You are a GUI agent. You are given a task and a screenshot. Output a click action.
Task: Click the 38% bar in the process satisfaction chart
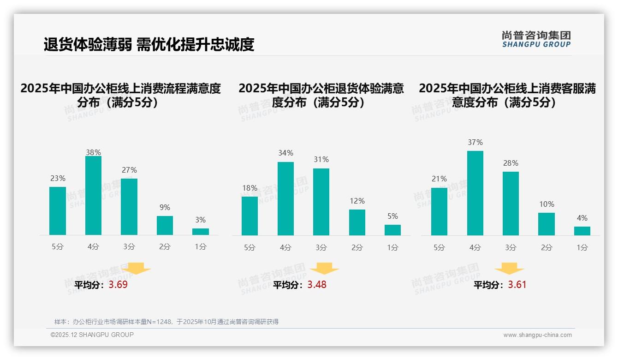pos(93,196)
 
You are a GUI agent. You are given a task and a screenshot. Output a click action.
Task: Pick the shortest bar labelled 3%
pos(201,232)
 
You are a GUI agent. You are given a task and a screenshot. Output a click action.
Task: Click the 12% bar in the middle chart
pos(357,222)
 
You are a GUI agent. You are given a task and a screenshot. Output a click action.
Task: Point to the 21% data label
pos(439,179)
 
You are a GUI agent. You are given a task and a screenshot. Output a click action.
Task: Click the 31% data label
pos(321,159)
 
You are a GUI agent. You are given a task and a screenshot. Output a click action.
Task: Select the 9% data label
pos(165,207)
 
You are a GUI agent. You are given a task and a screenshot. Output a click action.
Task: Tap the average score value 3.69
pos(118,285)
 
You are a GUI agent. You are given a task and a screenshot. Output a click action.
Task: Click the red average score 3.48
pos(317,285)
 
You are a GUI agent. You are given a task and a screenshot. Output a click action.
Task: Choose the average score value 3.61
pos(517,285)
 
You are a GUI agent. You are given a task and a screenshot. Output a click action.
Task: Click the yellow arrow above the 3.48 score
pos(324,269)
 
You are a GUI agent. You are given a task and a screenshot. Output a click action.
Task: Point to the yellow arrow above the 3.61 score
pos(509,269)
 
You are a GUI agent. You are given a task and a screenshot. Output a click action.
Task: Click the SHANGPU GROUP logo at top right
pos(536,39)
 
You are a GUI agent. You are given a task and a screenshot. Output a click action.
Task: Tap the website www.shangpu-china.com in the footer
pos(537,335)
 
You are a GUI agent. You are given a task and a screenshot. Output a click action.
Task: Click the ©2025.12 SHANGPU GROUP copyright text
pos(92,335)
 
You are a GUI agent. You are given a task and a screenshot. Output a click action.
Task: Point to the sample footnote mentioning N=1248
pos(166,322)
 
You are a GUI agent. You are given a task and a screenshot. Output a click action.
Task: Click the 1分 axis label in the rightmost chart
pos(582,247)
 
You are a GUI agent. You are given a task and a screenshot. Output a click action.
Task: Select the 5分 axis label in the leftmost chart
pos(58,246)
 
